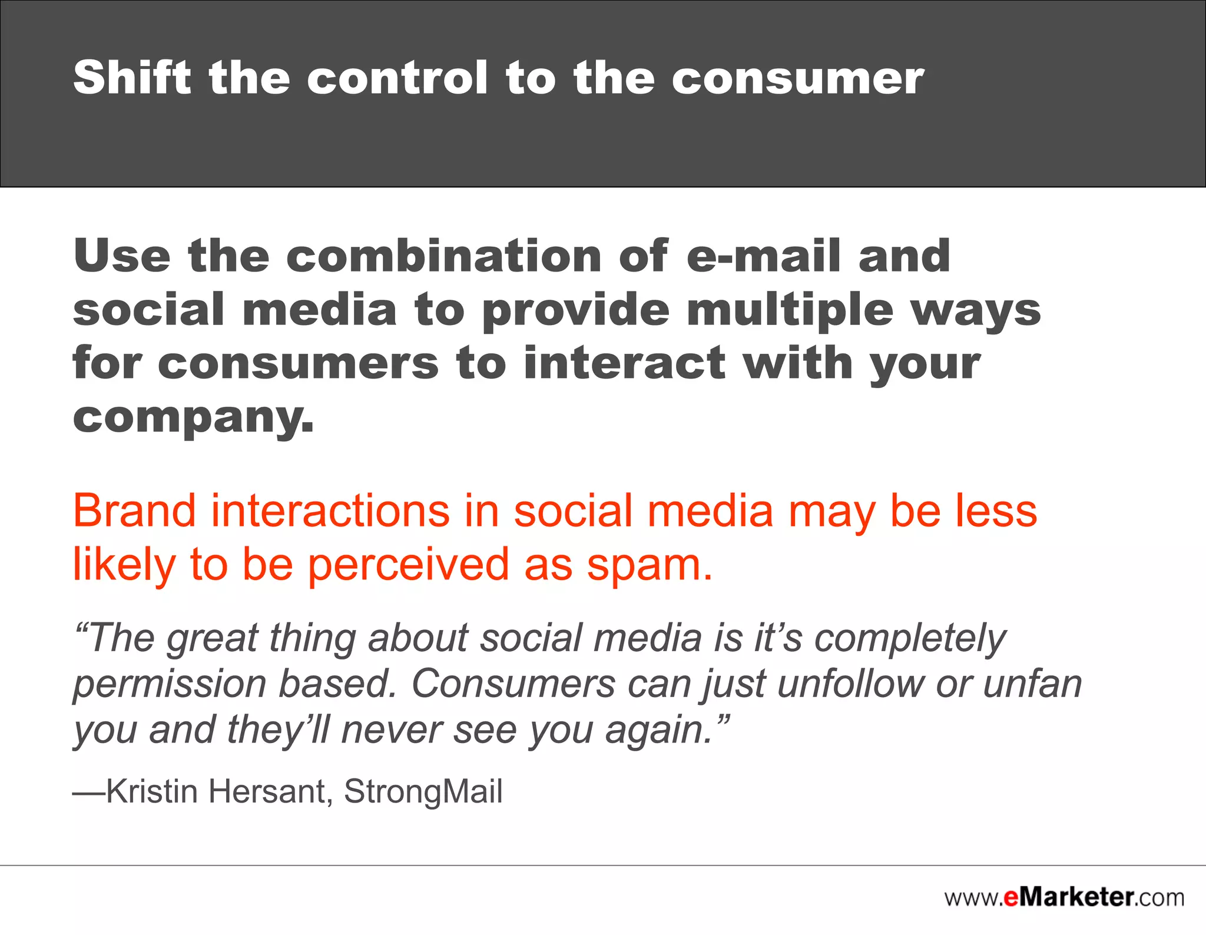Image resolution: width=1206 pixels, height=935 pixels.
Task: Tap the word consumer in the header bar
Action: pyautogui.click(x=798, y=78)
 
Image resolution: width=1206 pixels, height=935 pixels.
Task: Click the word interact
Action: pyautogui.click(x=625, y=363)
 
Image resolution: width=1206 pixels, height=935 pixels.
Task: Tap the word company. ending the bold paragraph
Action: pyautogui.click(x=193, y=418)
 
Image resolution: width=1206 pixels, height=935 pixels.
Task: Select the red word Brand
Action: pyautogui.click(x=134, y=510)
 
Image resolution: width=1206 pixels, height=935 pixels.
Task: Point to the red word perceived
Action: pyautogui.click(x=408, y=565)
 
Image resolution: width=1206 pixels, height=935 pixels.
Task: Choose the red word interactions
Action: pyautogui.click(x=330, y=510)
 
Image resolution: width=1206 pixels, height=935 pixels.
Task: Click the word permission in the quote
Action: pyautogui.click(x=170, y=685)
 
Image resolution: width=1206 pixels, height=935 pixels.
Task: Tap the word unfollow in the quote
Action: pyautogui.click(x=849, y=684)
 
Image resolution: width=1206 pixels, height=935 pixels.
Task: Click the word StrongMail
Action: pyautogui.click(x=423, y=791)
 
